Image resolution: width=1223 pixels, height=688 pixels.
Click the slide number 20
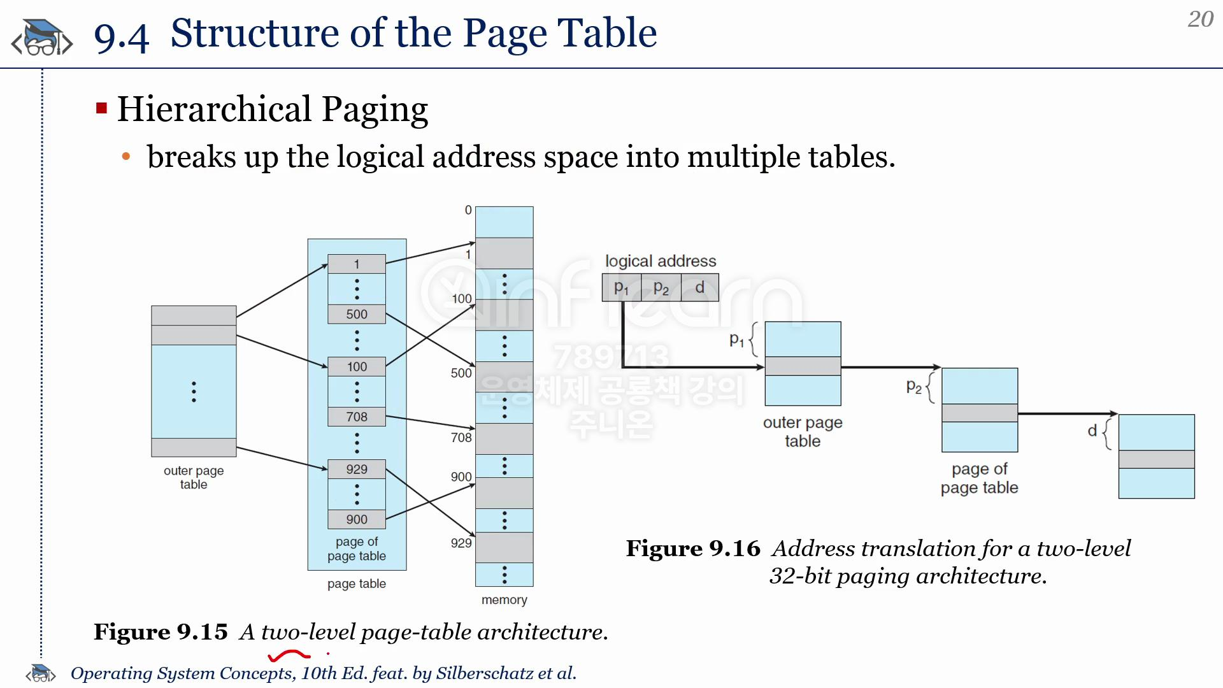coord(1201,19)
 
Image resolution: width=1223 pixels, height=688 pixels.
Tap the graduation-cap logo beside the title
coord(42,37)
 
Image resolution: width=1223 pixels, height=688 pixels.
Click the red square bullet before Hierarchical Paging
coord(101,108)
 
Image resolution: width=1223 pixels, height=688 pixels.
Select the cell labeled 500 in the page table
coord(357,314)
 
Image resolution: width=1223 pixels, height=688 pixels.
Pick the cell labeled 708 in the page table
coord(357,417)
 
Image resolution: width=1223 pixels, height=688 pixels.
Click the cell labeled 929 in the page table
coord(357,469)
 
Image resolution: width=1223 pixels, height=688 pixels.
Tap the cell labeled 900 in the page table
coord(357,519)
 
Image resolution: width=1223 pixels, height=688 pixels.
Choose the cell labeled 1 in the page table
coord(357,264)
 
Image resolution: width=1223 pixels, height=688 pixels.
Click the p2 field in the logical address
coord(661,287)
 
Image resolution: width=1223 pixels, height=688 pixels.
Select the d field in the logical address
coord(700,287)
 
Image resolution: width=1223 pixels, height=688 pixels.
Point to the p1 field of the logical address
coord(622,287)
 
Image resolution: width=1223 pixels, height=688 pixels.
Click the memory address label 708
coord(461,438)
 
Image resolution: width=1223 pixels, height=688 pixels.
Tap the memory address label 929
coord(461,543)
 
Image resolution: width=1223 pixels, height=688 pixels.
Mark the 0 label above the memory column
coord(468,210)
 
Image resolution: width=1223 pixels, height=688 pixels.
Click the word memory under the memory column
coord(504,599)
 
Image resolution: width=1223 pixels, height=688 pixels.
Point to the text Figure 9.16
coord(693,548)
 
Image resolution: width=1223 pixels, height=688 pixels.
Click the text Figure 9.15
coord(161,632)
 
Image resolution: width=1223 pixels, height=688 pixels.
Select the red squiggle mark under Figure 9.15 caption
coord(290,655)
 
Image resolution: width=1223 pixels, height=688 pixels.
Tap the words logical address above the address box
coord(661,261)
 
